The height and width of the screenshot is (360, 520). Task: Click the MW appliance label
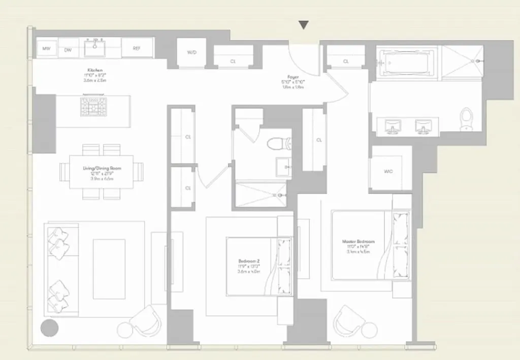click(x=47, y=49)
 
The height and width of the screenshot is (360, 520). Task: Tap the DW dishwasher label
click(x=68, y=49)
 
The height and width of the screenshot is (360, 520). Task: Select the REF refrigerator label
click(x=137, y=49)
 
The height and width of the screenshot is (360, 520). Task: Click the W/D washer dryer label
click(x=191, y=52)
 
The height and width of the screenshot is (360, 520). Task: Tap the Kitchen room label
click(x=95, y=71)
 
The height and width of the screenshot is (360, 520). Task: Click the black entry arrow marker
click(x=304, y=25)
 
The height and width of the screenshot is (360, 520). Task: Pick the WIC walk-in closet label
click(x=388, y=171)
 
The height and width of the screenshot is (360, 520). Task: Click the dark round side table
click(x=49, y=328)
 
